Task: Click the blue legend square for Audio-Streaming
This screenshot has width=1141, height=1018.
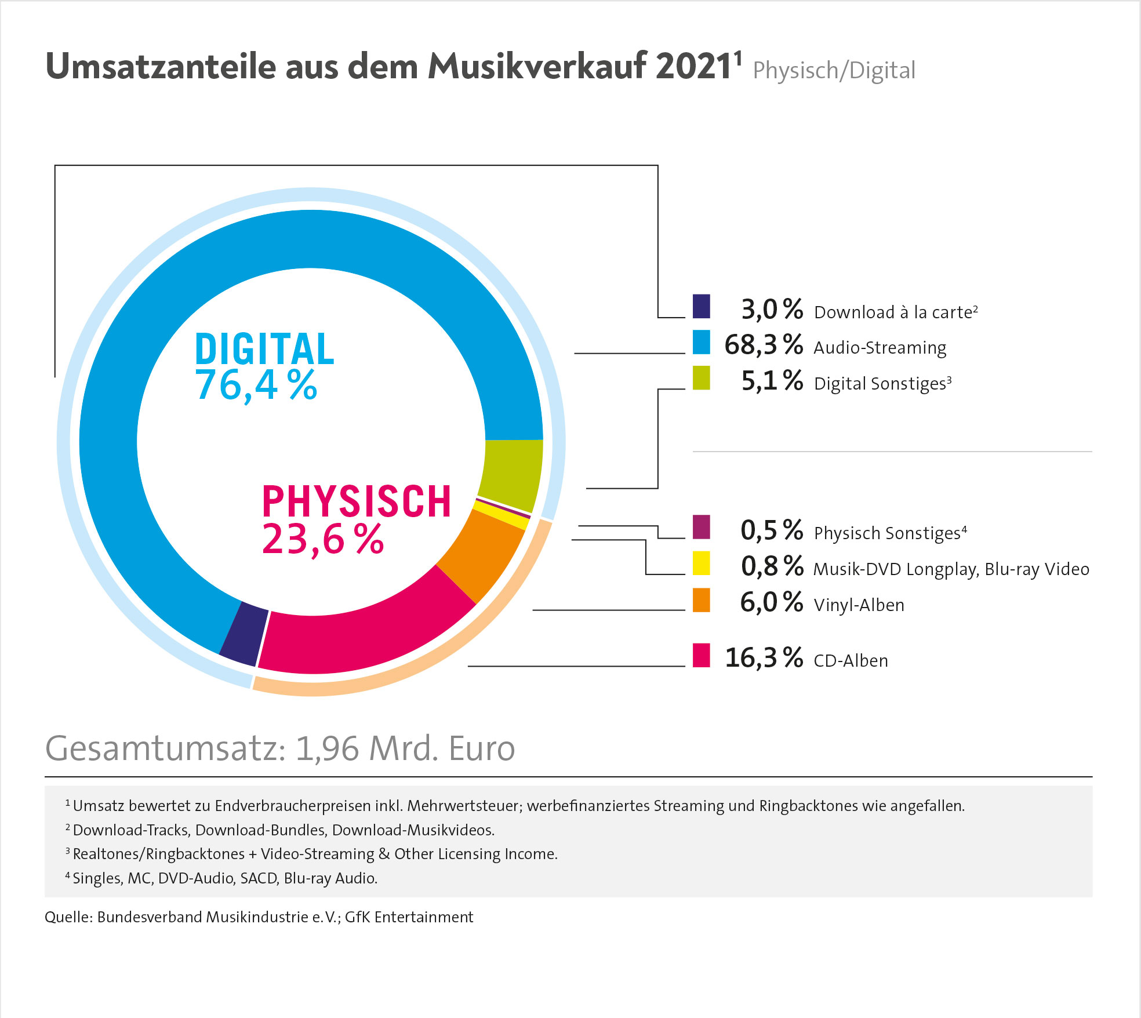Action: tap(702, 342)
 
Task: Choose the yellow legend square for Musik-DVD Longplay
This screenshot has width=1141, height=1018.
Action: tap(702, 563)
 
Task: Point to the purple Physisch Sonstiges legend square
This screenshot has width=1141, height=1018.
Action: tap(702, 527)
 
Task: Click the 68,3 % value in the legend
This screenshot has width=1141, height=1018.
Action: tap(764, 344)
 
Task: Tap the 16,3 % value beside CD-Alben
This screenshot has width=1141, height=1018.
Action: tap(764, 658)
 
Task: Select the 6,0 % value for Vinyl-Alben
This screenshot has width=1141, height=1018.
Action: tap(771, 602)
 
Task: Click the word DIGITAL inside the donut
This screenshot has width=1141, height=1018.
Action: tap(264, 350)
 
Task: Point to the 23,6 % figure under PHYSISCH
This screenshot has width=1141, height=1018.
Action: tap(322, 540)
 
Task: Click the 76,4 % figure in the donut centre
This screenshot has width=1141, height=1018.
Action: tap(256, 386)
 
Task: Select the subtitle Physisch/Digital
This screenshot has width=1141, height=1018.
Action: tap(834, 71)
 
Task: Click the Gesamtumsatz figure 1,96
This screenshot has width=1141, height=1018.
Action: tap(328, 748)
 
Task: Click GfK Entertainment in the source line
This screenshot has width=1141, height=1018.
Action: tap(409, 917)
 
